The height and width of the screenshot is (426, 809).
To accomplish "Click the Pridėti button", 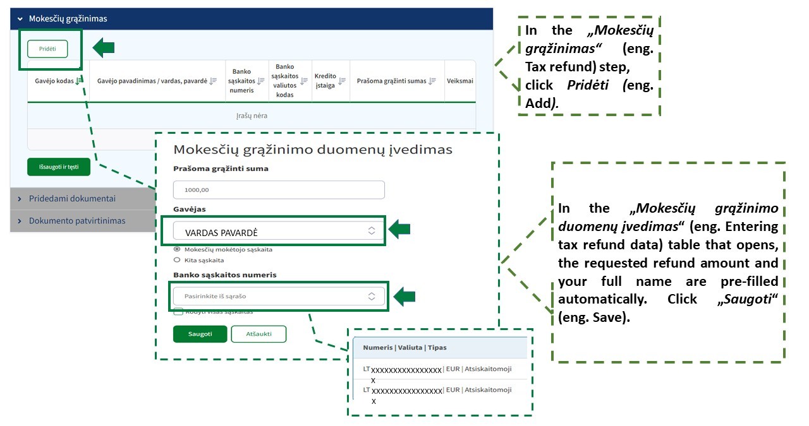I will point(47,49).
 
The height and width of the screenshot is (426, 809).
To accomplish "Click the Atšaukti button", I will point(259,334).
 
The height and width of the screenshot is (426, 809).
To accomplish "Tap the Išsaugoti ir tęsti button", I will point(59,167).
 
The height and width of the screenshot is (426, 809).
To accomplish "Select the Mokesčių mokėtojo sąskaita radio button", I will point(177,249).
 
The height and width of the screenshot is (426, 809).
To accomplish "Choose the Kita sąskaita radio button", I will point(177,259).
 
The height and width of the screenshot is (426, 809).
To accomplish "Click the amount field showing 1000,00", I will point(279,189).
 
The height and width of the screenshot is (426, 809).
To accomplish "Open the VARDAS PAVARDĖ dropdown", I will point(279,232).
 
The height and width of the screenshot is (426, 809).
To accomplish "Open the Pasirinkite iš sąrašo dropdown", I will point(279,296).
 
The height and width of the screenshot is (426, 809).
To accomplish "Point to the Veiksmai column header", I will point(459,81).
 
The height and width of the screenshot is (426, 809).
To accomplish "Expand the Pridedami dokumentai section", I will point(72,198).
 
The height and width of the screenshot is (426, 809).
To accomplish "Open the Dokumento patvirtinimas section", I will point(77,221).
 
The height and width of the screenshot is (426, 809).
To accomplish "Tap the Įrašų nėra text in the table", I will point(252,116).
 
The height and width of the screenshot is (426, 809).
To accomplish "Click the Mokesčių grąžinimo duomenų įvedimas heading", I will point(313,150).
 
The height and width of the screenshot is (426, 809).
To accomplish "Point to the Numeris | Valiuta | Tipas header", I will point(404,347).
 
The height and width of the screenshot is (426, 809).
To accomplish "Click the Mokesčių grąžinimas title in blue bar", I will point(68,19).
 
